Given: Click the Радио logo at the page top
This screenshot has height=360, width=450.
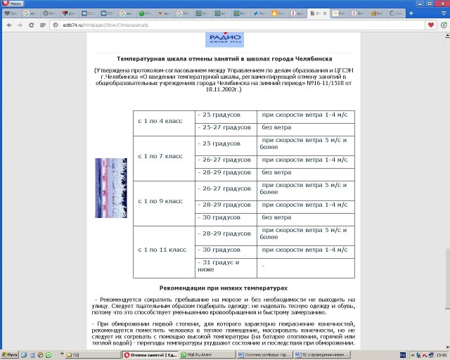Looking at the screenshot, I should (224, 39).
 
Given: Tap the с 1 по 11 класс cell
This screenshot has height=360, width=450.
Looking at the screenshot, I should (163, 250).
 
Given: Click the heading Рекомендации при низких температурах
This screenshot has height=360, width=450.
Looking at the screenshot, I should (224, 288).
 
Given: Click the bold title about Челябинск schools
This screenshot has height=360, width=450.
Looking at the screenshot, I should (224, 58).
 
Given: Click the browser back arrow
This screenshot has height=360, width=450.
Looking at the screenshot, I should (9, 25).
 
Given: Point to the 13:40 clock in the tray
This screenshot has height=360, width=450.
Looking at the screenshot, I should (439, 355).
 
